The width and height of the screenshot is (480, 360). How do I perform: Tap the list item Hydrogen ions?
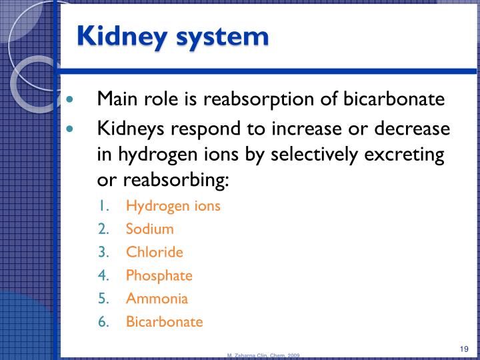tap(173, 205)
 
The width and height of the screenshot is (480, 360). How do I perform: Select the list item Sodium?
tap(149, 229)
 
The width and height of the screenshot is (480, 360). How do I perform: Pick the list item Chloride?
tap(154, 252)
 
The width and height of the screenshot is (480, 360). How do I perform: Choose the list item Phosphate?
tap(159, 275)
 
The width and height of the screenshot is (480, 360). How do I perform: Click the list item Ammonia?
tap(157, 298)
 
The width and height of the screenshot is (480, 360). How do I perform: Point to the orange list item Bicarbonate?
tap(164, 321)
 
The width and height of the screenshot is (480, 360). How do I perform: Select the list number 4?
tap(103, 275)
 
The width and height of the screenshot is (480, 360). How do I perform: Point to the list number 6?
tap(103, 321)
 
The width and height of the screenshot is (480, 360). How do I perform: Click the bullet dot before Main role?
tap(72, 100)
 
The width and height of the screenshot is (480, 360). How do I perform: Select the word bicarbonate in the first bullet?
tap(394, 99)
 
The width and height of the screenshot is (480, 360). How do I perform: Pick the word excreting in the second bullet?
tap(406, 154)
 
